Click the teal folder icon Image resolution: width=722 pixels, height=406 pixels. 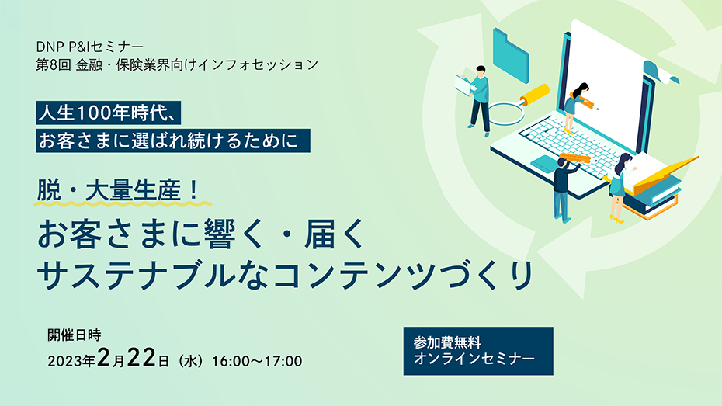(x=510, y=55)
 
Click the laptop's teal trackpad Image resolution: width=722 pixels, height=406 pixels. (x=545, y=163)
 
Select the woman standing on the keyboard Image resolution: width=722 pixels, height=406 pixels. (x=577, y=108)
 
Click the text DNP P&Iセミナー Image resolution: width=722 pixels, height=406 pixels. (x=90, y=47)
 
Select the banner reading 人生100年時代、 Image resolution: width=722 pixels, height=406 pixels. (x=108, y=113)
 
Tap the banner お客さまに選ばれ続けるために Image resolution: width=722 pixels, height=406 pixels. (x=173, y=141)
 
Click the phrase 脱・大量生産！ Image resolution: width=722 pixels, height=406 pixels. (x=118, y=189)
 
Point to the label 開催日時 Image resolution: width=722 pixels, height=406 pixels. (x=74, y=335)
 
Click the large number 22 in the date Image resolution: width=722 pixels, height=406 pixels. (x=141, y=358)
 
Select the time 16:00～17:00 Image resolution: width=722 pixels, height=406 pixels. (x=257, y=361)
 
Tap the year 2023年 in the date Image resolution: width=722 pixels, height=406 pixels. (x=71, y=361)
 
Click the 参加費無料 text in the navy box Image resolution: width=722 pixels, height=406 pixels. (x=441, y=342)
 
